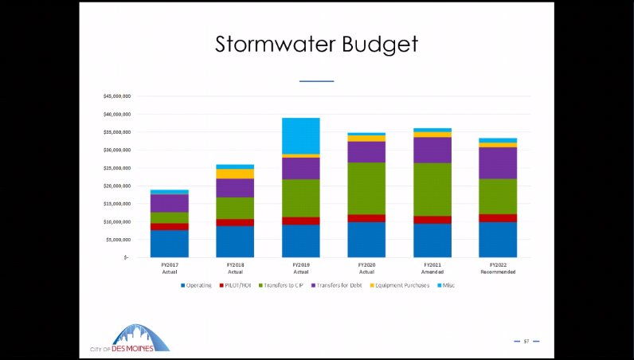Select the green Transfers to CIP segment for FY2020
coord(366,188)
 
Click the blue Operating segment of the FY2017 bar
coord(169,244)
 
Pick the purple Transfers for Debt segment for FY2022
coord(498,162)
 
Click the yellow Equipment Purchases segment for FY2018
coord(235,174)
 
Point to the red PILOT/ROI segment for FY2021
coord(432,220)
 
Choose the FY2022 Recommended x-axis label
coord(498,268)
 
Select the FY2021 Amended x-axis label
coord(432,268)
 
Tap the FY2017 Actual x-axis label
coord(169,268)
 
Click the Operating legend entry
coord(198,285)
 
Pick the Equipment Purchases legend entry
coord(404,285)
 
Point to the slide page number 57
coord(526,341)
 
